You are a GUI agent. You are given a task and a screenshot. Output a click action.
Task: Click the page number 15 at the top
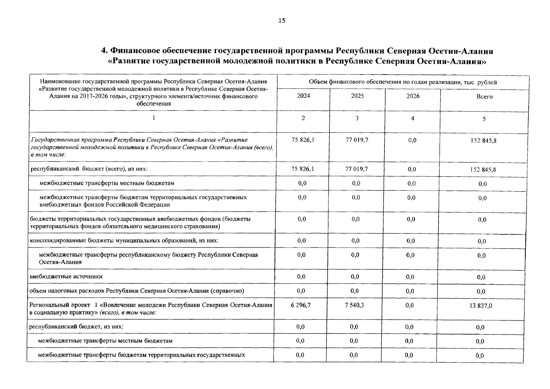tap(282, 21)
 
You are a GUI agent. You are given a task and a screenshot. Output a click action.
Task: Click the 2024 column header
tap(304, 96)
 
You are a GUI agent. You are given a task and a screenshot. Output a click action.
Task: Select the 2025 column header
tap(357, 96)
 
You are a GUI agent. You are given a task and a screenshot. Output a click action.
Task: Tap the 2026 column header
tap(413, 96)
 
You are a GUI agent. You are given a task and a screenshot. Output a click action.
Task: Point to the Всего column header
tap(484, 97)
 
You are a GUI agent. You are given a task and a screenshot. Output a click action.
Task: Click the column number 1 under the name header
tap(154, 118)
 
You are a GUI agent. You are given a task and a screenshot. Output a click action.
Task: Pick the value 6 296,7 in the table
tap(301, 305)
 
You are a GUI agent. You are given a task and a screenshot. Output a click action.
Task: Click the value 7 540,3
tap(354, 305)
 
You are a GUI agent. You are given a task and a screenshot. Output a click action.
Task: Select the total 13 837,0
tap(481, 306)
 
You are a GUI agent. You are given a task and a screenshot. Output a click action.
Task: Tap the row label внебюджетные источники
tap(66, 277)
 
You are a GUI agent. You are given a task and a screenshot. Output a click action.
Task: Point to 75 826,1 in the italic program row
tap(303, 140)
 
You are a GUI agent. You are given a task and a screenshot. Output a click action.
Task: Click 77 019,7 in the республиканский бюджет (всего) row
tap(357, 169)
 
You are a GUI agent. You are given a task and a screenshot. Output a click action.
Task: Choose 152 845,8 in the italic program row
tap(483, 141)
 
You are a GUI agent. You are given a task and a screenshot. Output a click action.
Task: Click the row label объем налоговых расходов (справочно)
tap(136, 291)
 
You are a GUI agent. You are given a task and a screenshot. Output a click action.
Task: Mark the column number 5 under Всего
tap(484, 119)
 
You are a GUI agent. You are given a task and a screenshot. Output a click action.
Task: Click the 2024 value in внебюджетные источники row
tap(301, 277)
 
